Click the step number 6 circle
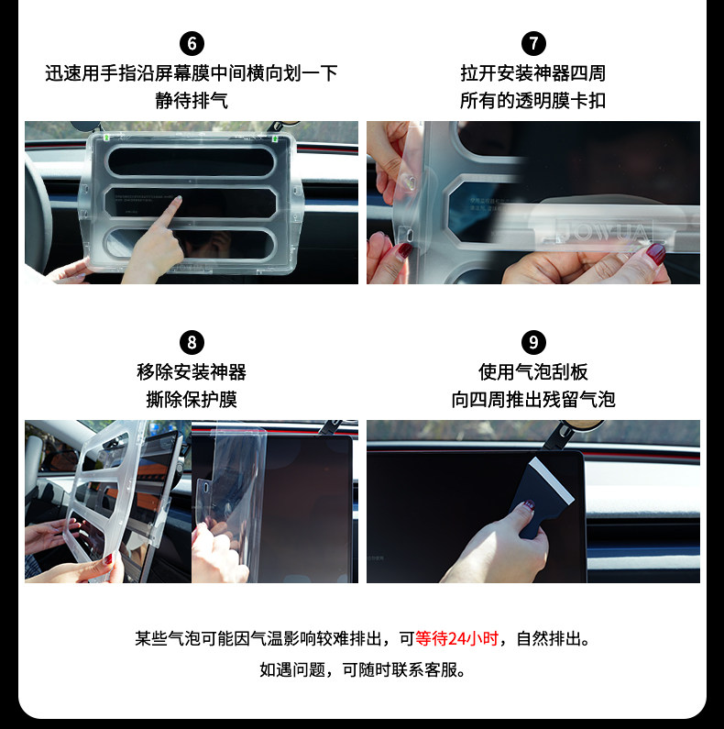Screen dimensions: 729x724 click(x=192, y=43)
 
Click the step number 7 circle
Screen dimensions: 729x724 click(x=533, y=43)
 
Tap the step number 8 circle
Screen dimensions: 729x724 click(x=192, y=343)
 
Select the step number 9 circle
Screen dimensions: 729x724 click(x=533, y=343)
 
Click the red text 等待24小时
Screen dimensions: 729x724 click(x=457, y=638)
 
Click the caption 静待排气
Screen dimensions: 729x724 click(x=192, y=100)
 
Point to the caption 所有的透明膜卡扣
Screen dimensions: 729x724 click(x=533, y=100)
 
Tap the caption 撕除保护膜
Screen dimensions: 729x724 click(x=192, y=400)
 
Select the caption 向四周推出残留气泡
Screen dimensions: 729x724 click(x=533, y=400)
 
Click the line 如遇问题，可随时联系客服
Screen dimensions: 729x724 click(x=362, y=669)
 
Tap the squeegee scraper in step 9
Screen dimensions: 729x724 click(x=547, y=492)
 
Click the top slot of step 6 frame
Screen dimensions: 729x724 click(x=192, y=161)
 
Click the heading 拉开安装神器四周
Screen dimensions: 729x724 click(x=533, y=72)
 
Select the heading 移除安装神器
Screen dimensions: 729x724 click(x=192, y=372)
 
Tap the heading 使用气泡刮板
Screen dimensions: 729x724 click(x=533, y=372)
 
